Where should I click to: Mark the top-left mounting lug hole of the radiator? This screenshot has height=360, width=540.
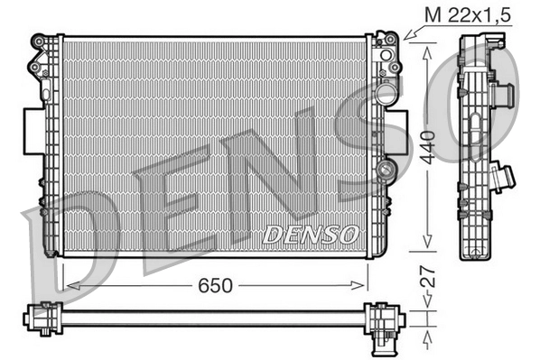click(40, 42)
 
